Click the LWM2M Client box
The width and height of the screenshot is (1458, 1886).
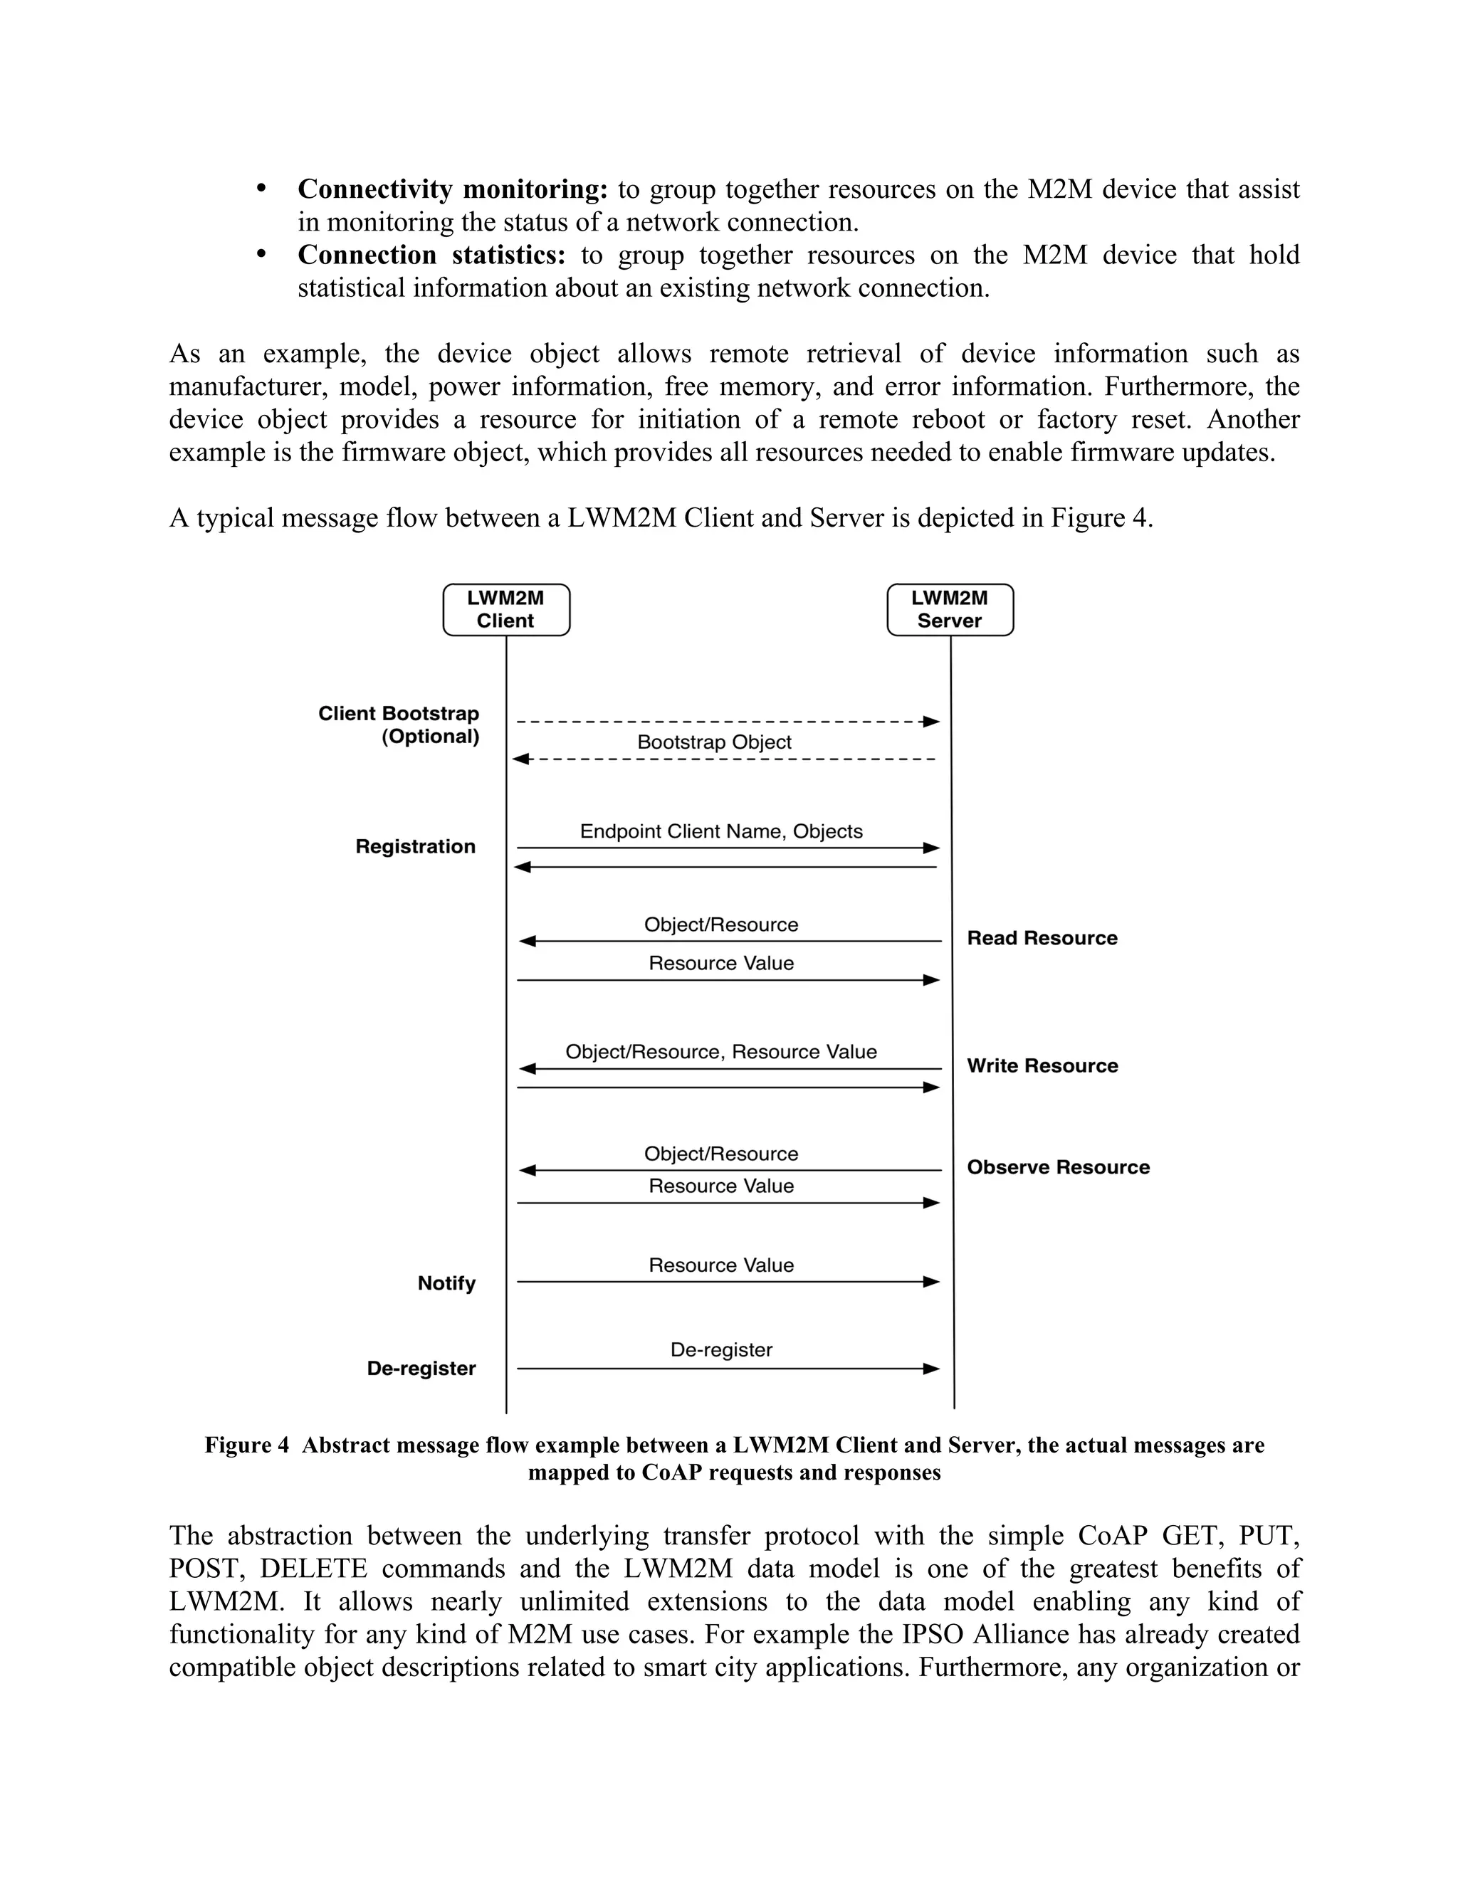506,610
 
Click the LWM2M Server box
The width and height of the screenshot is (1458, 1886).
950,610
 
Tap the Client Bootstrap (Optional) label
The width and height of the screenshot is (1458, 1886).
399,725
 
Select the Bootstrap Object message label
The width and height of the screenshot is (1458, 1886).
714,742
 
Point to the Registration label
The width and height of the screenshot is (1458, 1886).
416,846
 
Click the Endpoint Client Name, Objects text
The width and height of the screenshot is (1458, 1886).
721,831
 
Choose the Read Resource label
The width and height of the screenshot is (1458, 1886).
1042,938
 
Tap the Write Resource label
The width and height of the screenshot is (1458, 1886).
1042,1065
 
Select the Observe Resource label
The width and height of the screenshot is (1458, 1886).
1058,1167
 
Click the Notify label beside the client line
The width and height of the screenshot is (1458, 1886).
446,1283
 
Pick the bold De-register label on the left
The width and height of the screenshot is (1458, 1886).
421,1369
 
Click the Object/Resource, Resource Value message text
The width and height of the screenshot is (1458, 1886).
721,1052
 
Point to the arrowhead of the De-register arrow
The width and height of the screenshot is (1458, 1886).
932,1369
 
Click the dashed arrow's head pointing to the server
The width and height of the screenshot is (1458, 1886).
932,722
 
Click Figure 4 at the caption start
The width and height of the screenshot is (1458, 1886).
246,1445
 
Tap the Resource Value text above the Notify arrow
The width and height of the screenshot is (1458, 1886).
721,1265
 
